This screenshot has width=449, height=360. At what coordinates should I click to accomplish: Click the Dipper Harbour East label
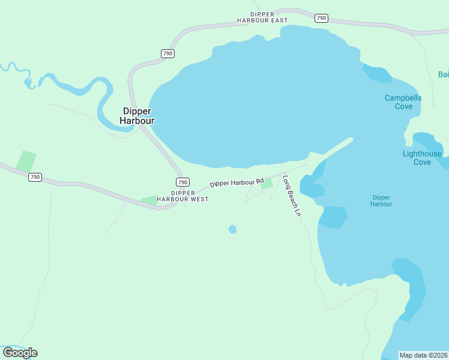[262, 17]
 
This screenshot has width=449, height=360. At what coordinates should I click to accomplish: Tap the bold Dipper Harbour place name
[137, 116]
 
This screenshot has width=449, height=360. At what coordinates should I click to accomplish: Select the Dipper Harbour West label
[182, 196]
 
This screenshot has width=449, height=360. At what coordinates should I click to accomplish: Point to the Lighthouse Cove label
[422, 158]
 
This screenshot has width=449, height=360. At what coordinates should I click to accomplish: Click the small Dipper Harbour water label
[381, 200]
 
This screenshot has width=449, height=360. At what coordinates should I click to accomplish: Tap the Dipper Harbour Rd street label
[237, 182]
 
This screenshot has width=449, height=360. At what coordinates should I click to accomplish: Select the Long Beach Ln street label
[291, 196]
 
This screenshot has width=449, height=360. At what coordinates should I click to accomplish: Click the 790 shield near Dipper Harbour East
[321, 18]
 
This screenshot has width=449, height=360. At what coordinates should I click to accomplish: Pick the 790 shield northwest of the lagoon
[168, 54]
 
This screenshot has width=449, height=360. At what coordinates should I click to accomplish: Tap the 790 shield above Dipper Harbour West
[182, 182]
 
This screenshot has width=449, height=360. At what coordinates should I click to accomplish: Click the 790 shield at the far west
[35, 177]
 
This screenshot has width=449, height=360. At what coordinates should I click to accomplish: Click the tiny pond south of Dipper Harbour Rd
[233, 229]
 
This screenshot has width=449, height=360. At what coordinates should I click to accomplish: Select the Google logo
[20, 352]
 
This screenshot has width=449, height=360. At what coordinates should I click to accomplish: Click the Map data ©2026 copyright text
[423, 355]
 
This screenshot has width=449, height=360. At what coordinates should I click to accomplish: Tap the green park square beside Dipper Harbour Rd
[267, 184]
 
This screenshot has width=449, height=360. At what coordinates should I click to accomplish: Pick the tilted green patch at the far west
[26, 161]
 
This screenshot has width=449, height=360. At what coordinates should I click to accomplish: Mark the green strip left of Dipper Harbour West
[148, 200]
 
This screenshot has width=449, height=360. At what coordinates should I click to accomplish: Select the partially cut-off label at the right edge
[444, 74]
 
